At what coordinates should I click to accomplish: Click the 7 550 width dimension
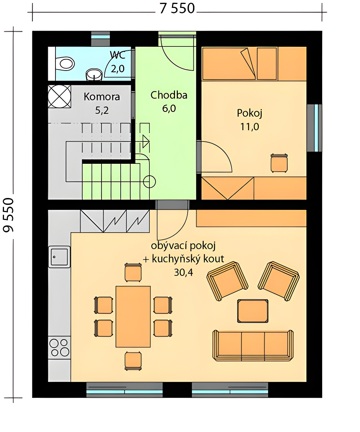(x=177, y=9)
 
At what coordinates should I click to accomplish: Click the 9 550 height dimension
(x=9, y=215)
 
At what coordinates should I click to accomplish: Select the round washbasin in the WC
(x=94, y=75)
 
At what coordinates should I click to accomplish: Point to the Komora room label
(x=102, y=97)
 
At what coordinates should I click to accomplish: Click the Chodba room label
(x=169, y=95)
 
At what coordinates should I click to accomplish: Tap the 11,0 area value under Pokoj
(x=249, y=127)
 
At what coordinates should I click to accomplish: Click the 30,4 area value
(x=183, y=273)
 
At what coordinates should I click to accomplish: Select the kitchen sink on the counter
(x=59, y=257)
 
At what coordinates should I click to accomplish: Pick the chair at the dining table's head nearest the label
(x=133, y=272)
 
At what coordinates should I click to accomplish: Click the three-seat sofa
(x=253, y=346)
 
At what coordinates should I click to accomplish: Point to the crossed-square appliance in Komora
(x=59, y=96)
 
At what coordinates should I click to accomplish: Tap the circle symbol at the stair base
(x=149, y=182)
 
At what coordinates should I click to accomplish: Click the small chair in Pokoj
(x=279, y=163)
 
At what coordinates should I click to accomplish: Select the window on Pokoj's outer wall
(x=315, y=128)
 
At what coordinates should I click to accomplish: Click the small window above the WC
(x=100, y=39)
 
